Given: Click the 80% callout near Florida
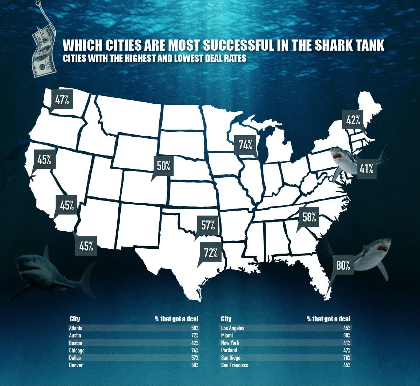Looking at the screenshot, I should pyautogui.click(x=343, y=265).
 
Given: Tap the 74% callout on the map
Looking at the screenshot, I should pyautogui.click(x=246, y=145).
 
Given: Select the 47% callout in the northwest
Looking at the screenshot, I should pyautogui.click(x=62, y=100).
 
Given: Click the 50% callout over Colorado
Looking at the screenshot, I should pyautogui.click(x=163, y=166).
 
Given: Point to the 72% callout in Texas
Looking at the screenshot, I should pyautogui.click(x=211, y=253).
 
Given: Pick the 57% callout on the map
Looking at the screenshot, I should pyautogui.click(x=208, y=225).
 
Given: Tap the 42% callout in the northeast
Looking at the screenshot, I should pyautogui.click(x=353, y=120).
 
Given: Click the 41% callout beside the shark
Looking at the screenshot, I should pyautogui.click(x=366, y=169).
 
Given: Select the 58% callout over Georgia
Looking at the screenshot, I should pyautogui.click(x=309, y=217).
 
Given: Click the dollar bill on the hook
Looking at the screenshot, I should pyautogui.click(x=44, y=52).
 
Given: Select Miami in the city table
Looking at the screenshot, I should pyautogui.click(x=227, y=335).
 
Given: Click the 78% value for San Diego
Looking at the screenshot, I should pyautogui.click(x=346, y=358).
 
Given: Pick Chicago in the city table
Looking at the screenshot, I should pyautogui.click(x=77, y=350).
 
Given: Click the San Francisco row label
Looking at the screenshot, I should pyautogui.click(x=234, y=365).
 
